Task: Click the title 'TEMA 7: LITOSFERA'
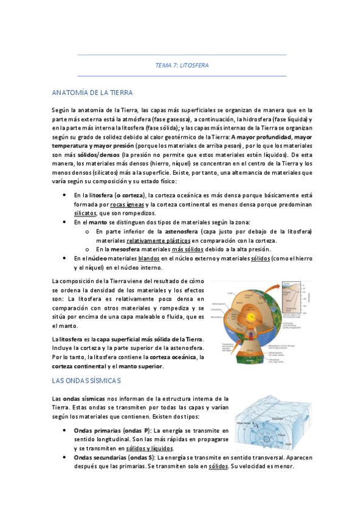[182, 65]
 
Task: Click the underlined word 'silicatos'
[88, 213]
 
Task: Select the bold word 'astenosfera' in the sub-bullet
[182, 231]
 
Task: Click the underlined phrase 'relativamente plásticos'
[160, 240]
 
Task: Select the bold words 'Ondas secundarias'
[103, 457]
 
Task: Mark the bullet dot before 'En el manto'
[65, 223]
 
